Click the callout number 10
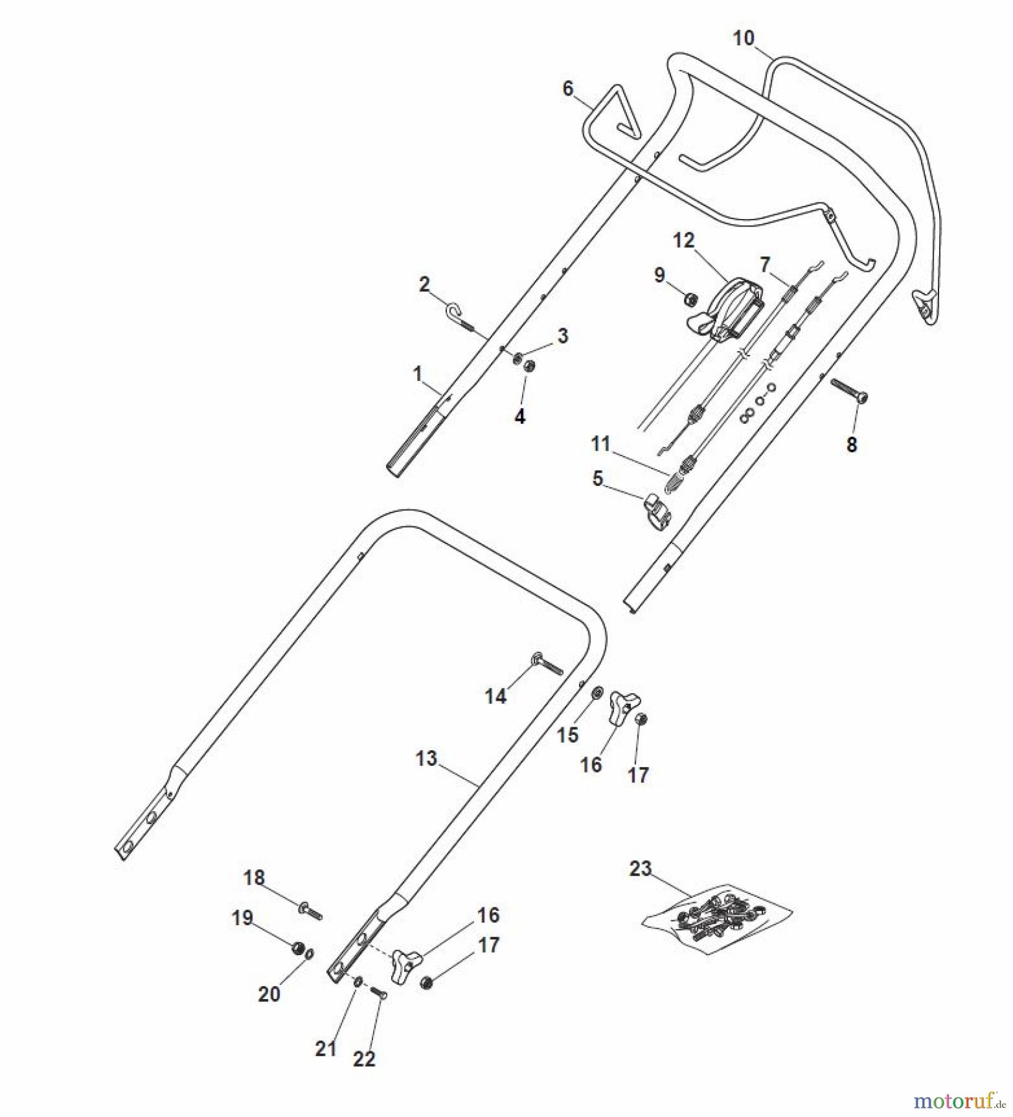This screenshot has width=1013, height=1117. point(744,38)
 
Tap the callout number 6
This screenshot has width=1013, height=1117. point(568,89)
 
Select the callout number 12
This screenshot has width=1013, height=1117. point(684,240)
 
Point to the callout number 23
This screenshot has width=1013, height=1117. point(641,868)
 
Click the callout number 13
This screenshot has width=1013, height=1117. point(426,758)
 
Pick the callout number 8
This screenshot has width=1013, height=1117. point(852,444)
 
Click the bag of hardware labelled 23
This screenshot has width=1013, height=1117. point(717,912)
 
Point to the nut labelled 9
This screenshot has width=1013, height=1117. point(689,300)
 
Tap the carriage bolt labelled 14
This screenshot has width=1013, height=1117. point(546,665)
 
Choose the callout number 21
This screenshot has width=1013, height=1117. point(326,1049)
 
